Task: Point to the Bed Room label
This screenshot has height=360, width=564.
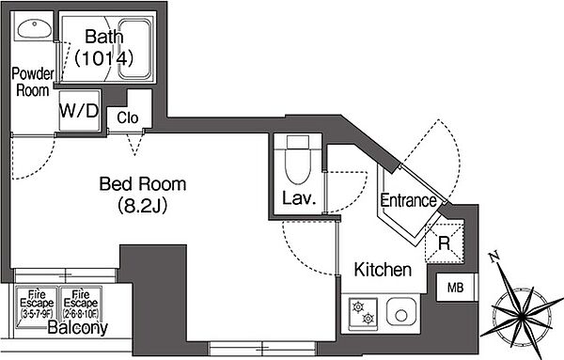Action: (x=143, y=183)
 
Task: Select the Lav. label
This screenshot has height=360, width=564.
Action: (x=297, y=198)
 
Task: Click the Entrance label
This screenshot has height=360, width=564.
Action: (x=407, y=199)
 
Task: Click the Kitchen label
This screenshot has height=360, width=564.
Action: (x=383, y=271)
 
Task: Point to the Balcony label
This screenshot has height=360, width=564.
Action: (x=71, y=329)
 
